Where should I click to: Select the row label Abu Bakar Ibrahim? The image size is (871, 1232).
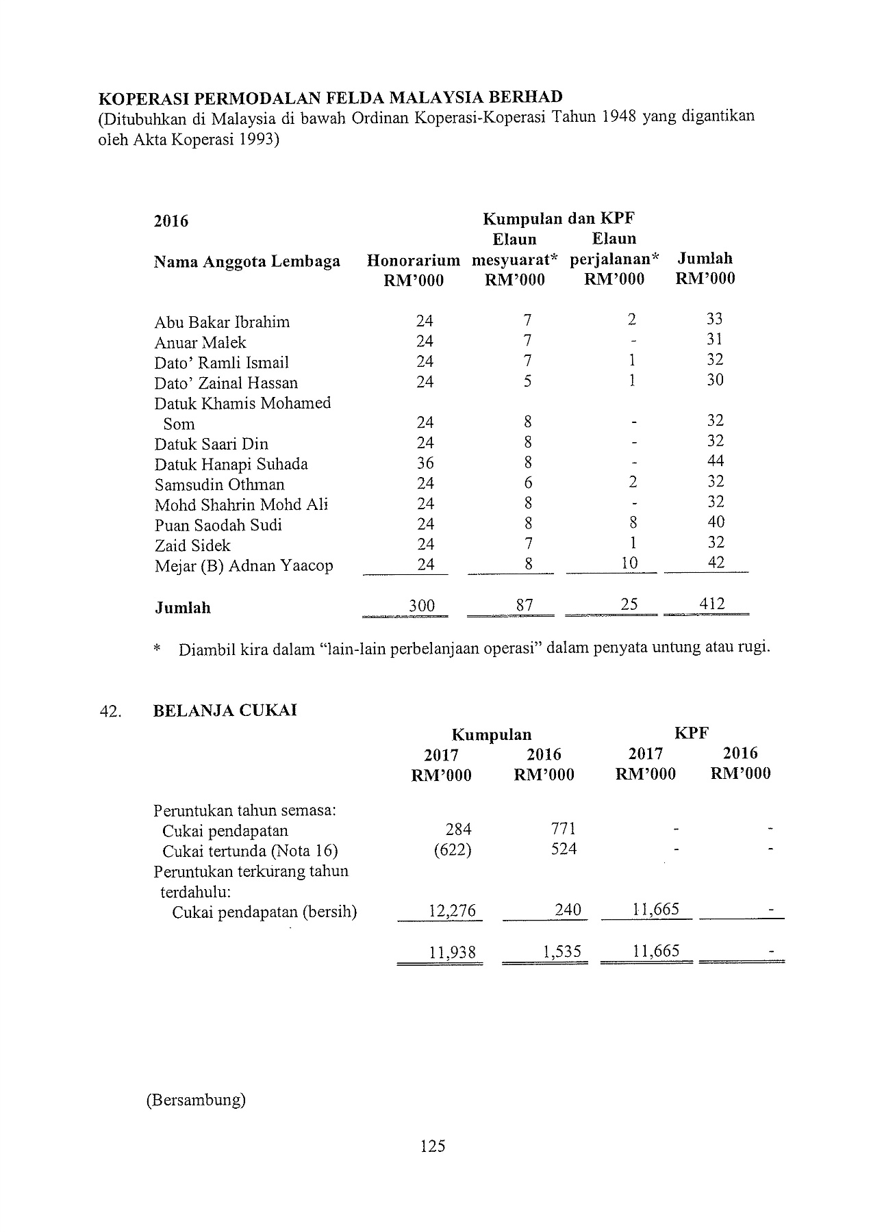click(x=222, y=322)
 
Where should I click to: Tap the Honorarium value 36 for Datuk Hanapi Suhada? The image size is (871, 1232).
click(x=425, y=463)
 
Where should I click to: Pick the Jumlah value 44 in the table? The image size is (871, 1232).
click(x=716, y=461)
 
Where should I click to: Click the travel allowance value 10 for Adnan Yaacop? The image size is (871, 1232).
click(x=629, y=563)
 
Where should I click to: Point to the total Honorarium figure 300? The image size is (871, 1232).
click(x=422, y=606)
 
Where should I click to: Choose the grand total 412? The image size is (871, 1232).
click(x=712, y=604)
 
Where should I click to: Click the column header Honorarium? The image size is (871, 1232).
click(x=414, y=261)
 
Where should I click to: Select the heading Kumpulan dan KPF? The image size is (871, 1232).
click(x=559, y=219)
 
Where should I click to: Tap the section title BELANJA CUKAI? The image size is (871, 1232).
click(x=225, y=710)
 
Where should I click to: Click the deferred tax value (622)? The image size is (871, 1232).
click(x=453, y=849)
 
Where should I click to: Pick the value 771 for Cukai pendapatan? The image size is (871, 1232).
click(x=564, y=830)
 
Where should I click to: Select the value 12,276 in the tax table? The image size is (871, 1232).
click(x=452, y=911)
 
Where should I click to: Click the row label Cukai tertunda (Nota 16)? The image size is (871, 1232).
click(x=250, y=851)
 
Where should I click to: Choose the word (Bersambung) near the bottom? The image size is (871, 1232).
click(x=196, y=1100)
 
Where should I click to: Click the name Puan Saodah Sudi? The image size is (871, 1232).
click(x=218, y=526)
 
